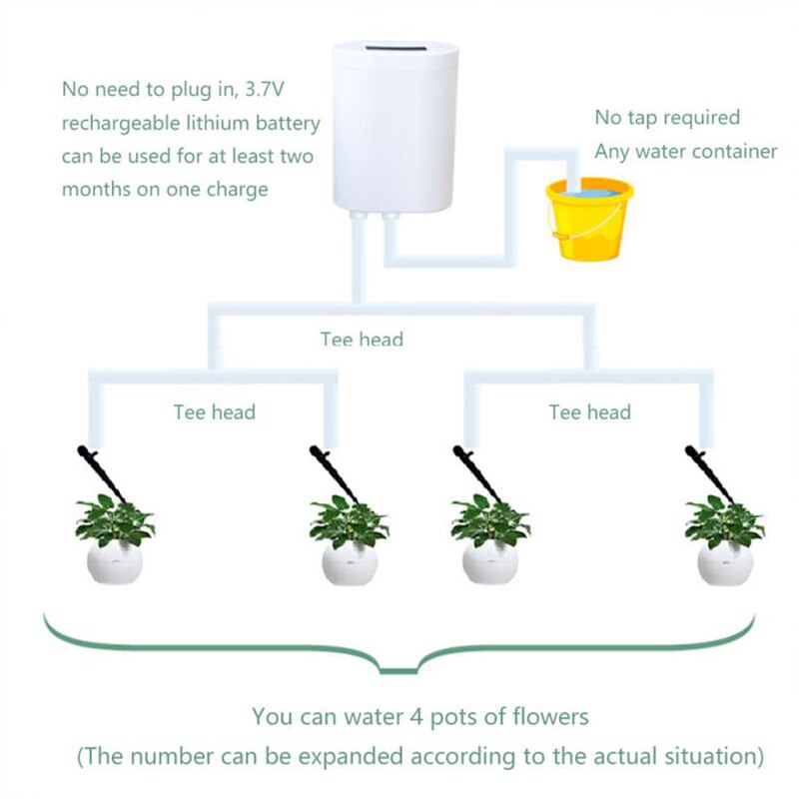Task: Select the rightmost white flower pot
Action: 724,563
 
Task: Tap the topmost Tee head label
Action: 362,340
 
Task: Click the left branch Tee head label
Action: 214,411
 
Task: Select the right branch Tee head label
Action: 589,411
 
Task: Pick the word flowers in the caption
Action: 547,716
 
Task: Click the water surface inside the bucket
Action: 588,190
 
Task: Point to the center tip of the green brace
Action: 402,672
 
